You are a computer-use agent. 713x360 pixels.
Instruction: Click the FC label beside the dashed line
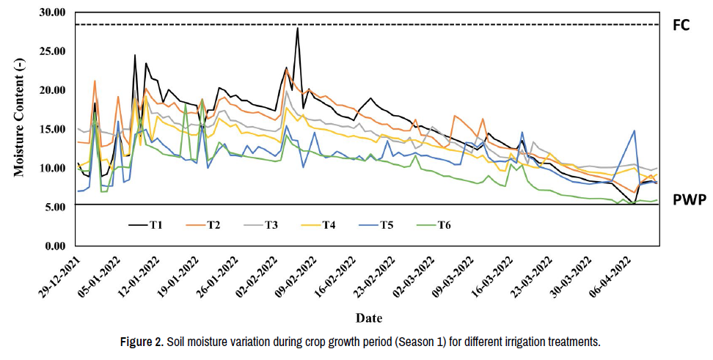[x=682, y=25]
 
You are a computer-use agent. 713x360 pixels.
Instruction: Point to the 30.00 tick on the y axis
[x=54, y=12]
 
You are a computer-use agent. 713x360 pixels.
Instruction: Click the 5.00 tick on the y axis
[x=57, y=207]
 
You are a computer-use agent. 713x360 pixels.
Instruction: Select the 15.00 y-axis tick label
[x=54, y=129]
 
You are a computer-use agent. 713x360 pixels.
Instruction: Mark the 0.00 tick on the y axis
[x=57, y=246]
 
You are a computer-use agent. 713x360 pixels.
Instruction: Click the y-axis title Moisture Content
[x=19, y=126]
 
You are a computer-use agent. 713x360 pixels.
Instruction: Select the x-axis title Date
[x=368, y=317]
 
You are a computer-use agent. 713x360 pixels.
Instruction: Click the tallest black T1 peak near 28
[x=297, y=28]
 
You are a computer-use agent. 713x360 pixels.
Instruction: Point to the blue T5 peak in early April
[x=634, y=131]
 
